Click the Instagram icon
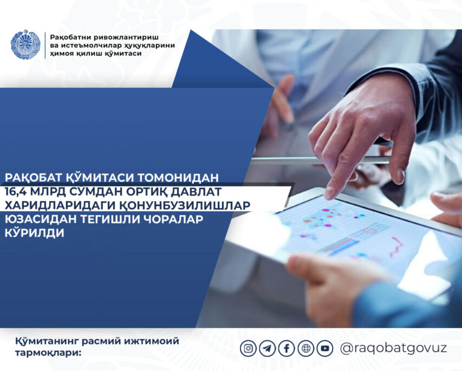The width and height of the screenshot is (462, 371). coord(249,349)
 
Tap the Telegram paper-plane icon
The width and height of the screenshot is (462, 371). coord(267,349)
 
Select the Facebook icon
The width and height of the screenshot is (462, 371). coord(287,349)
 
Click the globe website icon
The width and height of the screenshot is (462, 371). coord(306,349)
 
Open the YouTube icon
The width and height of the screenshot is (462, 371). coord(325,349)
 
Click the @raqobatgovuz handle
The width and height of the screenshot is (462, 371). coord(393,348)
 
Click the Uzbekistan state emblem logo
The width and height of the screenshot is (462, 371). coord(25,44)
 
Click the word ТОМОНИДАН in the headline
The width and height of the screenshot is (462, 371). coord(178,178)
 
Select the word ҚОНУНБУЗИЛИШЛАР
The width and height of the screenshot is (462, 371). coord(185,205)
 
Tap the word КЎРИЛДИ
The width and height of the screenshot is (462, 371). coord(35,232)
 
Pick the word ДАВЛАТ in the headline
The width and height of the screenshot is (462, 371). coord(196,192)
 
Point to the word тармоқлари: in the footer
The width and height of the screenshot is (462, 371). coord(48,353)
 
